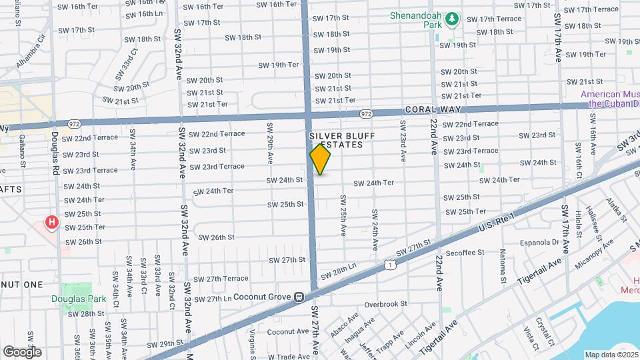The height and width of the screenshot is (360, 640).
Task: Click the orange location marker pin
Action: pyautogui.click(x=321, y=159)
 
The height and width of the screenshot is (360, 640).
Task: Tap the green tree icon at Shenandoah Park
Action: pyautogui.click(x=452, y=19)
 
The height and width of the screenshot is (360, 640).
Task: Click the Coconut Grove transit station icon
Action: pyautogui.click(x=300, y=297)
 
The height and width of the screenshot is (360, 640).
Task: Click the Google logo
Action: pyautogui.click(x=22, y=351)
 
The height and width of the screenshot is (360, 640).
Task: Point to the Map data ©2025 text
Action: pyautogui.click(x=610, y=354)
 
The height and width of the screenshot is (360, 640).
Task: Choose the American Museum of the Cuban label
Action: pyautogui.click(x=609, y=98)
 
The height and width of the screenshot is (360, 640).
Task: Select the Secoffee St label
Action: pyautogui.click(x=464, y=253)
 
